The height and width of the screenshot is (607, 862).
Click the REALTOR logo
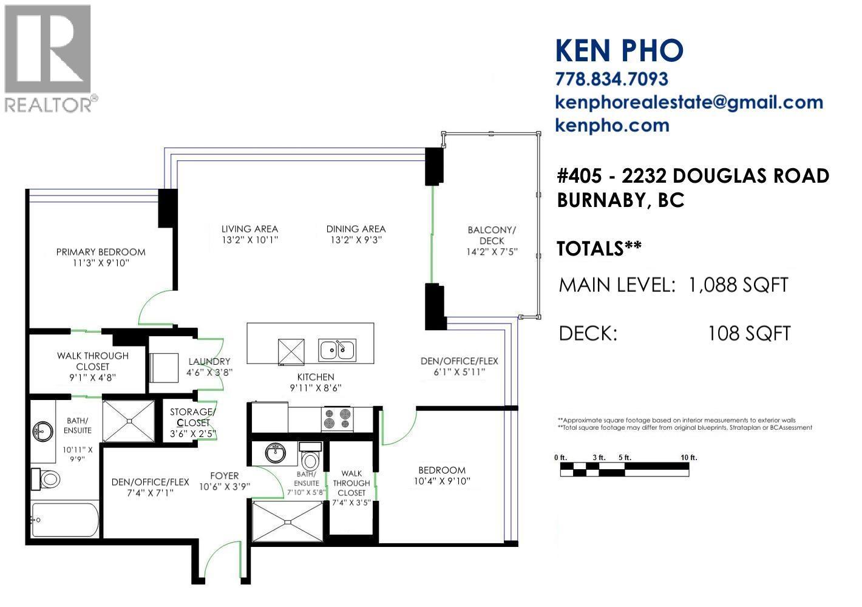[x=49, y=58]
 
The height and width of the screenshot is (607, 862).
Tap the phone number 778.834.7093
[x=611, y=79]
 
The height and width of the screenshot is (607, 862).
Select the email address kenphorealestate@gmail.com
[x=689, y=102]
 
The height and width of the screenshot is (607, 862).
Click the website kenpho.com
[x=612, y=125]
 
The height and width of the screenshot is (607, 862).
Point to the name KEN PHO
[x=619, y=50]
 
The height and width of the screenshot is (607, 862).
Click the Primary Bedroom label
[x=101, y=252]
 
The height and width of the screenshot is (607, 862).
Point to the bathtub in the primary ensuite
[x=64, y=520]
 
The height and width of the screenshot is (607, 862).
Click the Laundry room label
[x=209, y=361]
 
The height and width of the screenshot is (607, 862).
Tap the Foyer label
[x=225, y=476]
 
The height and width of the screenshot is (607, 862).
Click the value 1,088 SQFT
[x=738, y=285]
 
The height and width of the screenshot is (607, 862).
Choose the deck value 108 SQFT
[x=749, y=333]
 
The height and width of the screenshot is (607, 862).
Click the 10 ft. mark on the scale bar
[x=688, y=457]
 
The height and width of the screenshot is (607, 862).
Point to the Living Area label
[x=249, y=229]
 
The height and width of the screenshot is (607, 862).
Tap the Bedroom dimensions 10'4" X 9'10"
[x=442, y=481]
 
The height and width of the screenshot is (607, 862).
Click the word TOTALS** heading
[x=599, y=248]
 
